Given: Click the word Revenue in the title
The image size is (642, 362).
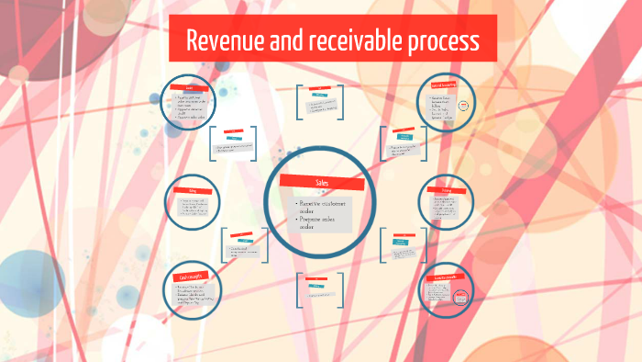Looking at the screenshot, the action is [x=225, y=40].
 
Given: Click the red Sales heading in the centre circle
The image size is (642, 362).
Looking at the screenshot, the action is [x=322, y=182].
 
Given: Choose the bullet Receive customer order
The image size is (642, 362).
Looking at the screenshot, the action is [x=321, y=207].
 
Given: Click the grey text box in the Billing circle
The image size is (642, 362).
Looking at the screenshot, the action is [x=194, y=209].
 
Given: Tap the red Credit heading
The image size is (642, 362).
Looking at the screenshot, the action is [x=195, y=87].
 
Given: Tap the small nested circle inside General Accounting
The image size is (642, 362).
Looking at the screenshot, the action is [x=464, y=104].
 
